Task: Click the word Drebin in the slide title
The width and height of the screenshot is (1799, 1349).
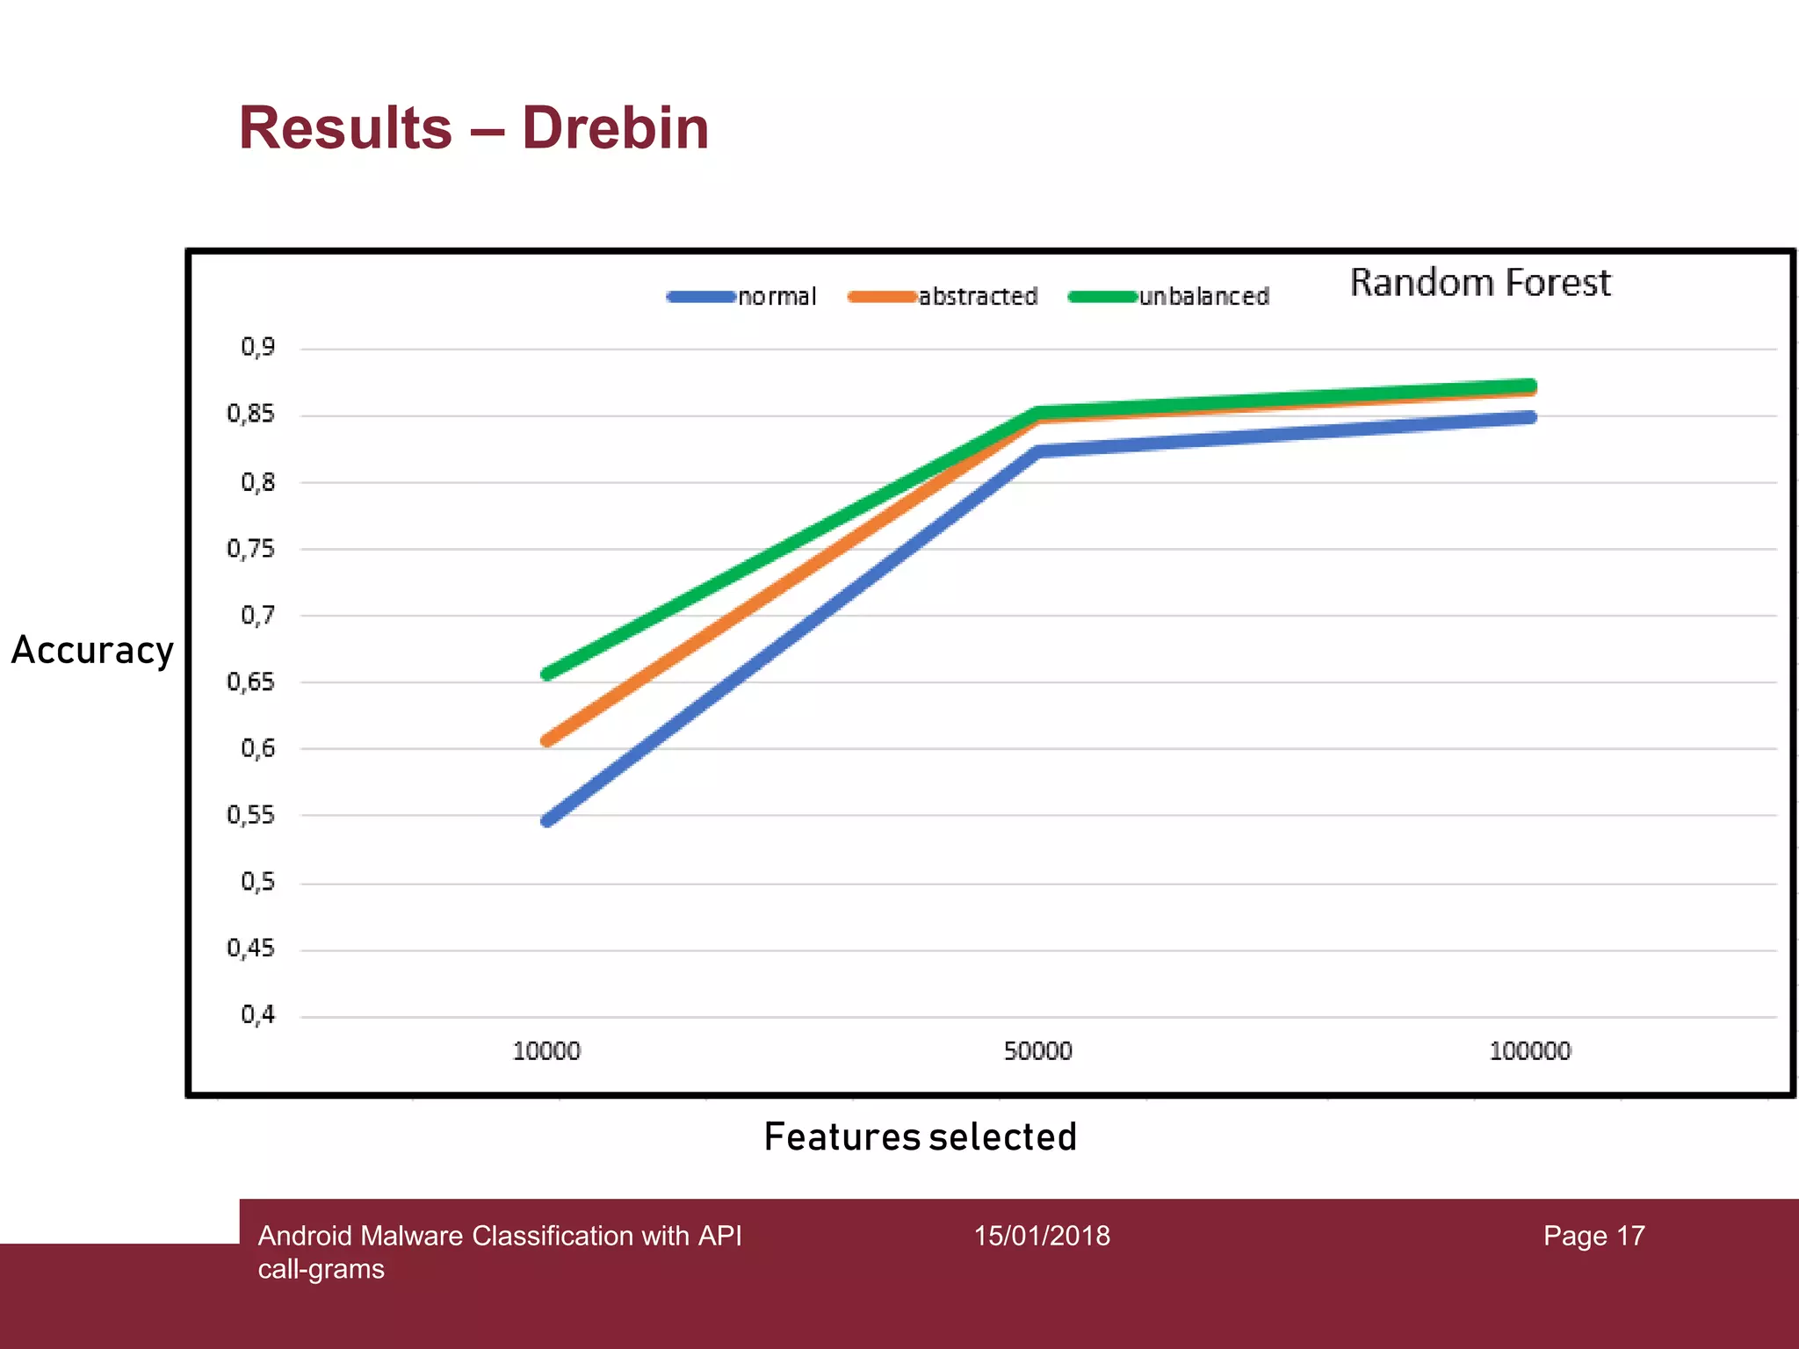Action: coord(615,128)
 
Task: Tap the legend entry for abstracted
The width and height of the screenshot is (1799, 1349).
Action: coord(943,297)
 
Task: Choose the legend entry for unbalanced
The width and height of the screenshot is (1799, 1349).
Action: coord(1169,297)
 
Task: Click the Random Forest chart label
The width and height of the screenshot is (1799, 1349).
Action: coord(1480,283)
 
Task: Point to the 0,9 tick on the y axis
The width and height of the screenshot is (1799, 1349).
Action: coord(257,348)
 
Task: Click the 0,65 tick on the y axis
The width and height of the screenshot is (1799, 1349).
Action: coord(250,682)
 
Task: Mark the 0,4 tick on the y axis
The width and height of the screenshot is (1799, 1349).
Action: coord(257,1015)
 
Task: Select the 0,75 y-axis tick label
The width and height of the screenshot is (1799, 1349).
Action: coord(250,550)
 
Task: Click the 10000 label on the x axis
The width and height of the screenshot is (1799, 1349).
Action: coord(546,1051)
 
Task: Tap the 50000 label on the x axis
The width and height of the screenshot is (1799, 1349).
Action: coord(1037,1051)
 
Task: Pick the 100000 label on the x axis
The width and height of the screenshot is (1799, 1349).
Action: coord(1529,1051)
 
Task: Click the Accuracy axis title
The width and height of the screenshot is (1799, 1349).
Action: coord(92,651)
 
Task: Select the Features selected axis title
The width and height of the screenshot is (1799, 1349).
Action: coord(920,1137)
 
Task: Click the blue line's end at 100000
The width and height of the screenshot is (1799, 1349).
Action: coord(1529,417)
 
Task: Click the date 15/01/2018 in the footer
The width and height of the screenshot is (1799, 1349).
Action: coord(1042,1237)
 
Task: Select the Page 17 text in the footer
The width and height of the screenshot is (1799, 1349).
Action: coord(1593,1237)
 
